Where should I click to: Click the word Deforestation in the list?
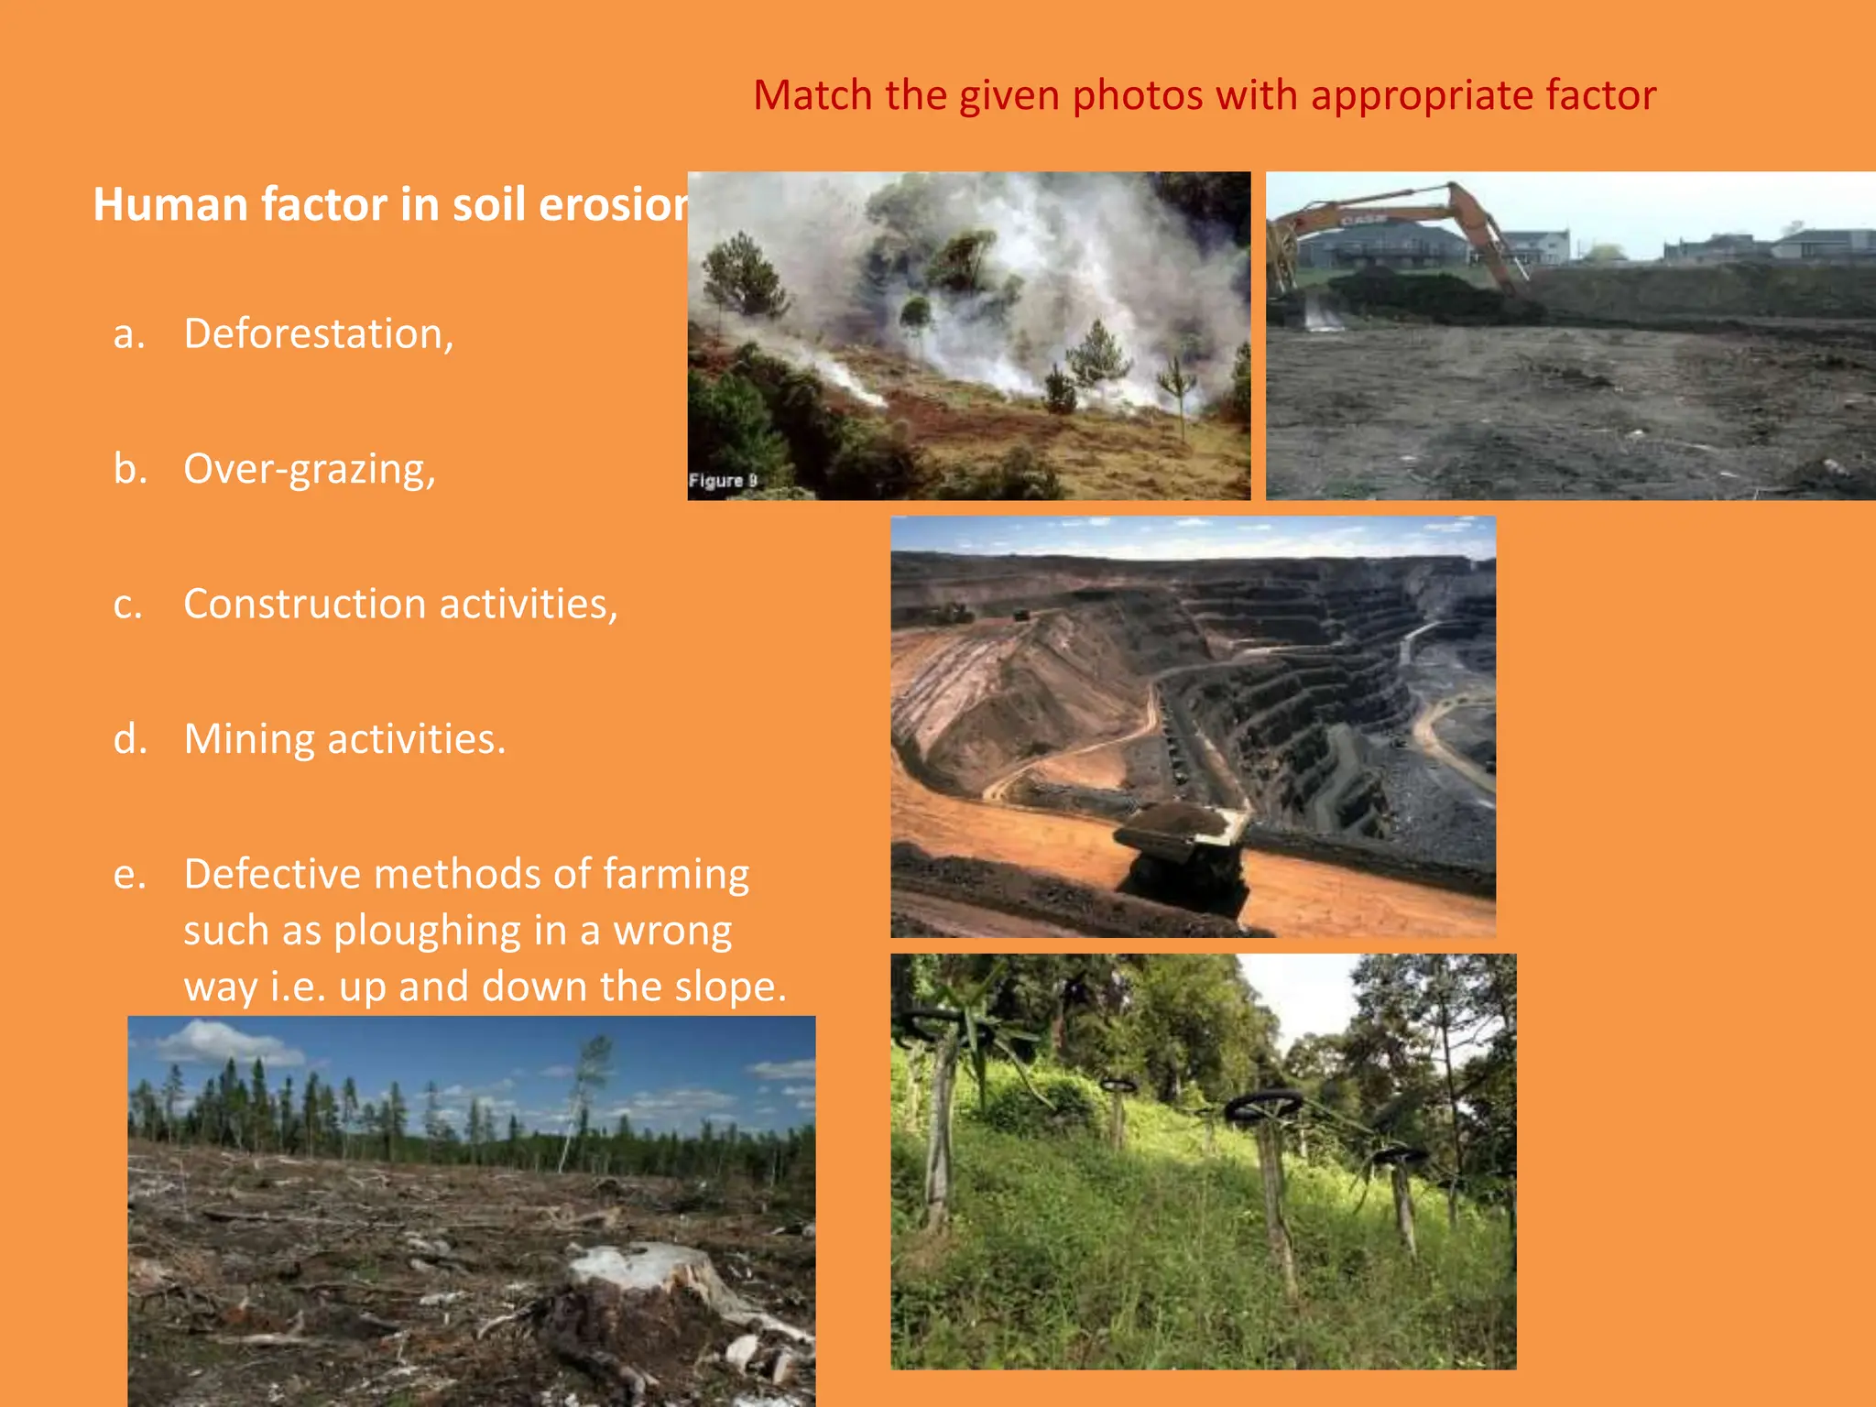[x=317, y=333]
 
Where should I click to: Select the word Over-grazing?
[x=309, y=469]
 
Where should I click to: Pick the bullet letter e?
[x=129, y=875]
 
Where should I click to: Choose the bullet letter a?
[x=129, y=334]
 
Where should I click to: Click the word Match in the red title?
[x=813, y=95]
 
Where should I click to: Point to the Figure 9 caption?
[x=723, y=481]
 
